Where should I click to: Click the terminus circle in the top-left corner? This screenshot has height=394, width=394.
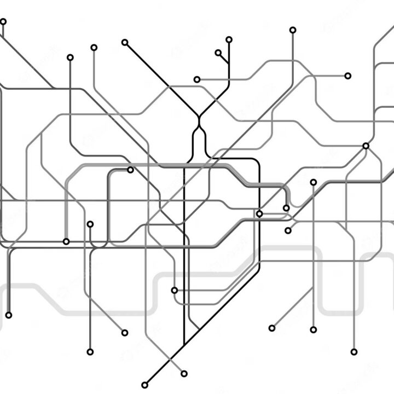tap(3, 22)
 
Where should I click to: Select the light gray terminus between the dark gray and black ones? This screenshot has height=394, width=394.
tap(94, 48)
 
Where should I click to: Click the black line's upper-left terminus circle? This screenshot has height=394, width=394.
tap(125, 42)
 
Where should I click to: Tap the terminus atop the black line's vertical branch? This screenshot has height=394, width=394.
tap(229, 39)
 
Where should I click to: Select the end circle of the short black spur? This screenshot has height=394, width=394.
tap(218, 53)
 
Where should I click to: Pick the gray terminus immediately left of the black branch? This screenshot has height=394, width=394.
tap(197, 79)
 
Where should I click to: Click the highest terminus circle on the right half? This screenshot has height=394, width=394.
tap(293, 30)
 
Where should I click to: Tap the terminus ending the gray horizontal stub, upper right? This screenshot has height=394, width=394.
tap(348, 76)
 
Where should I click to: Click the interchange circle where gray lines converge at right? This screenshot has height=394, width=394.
tap(366, 146)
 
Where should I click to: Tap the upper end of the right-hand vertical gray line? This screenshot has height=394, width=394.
tap(314, 182)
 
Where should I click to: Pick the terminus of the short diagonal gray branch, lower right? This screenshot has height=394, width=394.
tap(272, 328)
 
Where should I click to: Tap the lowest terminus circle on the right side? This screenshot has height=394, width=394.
tap(354, 352)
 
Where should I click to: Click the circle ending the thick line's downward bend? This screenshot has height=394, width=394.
tap(286, 208)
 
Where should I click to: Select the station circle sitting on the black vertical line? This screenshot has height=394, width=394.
tap(259, 213)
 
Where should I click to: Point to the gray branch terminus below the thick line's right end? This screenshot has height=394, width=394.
tap(288, 230)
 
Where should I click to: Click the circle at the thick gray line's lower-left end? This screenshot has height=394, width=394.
tap(66, 241)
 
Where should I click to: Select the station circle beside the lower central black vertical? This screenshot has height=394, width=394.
tap(175, 290)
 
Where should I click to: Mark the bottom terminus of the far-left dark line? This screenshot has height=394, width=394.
tap(9, 315)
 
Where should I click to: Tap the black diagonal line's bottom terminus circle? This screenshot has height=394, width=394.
tap(145, 385)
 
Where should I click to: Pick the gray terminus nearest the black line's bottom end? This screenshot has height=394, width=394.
tap(184, 374)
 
